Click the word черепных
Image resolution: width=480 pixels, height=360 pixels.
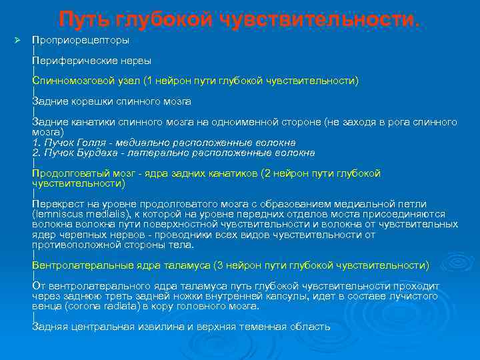pos(79,235)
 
